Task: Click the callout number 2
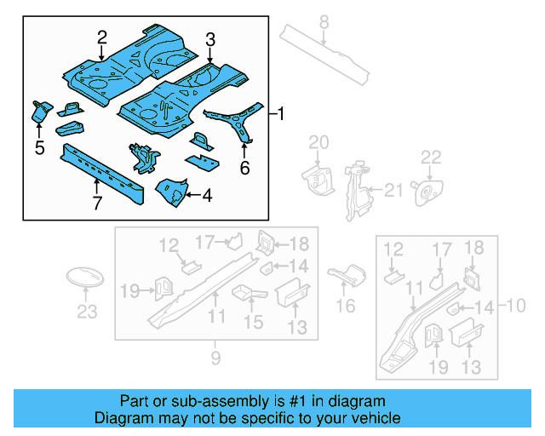102,37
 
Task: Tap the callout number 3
209,38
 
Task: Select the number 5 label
39,148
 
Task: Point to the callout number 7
97,203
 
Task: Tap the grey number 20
318,141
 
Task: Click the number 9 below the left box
215,358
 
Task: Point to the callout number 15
253,322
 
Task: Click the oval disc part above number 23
85,278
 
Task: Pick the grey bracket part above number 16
347,275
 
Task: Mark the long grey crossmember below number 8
328,56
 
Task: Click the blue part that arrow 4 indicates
171,192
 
